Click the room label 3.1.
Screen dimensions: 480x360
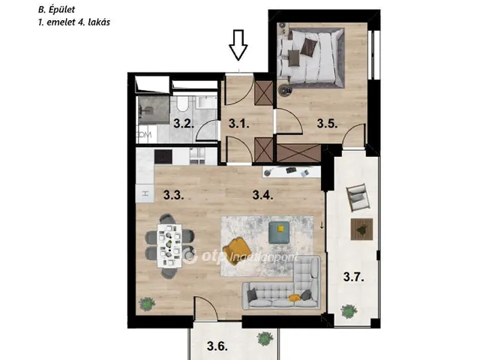coord(238,124)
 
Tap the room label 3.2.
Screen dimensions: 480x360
coord(184,124)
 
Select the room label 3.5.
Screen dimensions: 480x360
coord(327,124)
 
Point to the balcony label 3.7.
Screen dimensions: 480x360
coord(353,277)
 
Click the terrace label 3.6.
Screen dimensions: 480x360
coord(217,346)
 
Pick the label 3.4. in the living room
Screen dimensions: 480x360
coord(262,195)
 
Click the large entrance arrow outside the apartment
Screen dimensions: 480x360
coord(238,45)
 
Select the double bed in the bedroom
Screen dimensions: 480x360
coord(312,56)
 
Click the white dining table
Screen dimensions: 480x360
coord(169,245)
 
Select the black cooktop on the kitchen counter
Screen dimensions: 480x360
coord(163,157)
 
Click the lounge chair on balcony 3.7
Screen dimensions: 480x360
coord(358,197)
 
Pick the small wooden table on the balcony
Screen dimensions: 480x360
coord(361,229)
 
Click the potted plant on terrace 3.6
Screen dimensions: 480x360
coord(265,338)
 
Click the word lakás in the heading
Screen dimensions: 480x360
coord(99,22)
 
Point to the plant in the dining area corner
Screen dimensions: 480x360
coord(147,304)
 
